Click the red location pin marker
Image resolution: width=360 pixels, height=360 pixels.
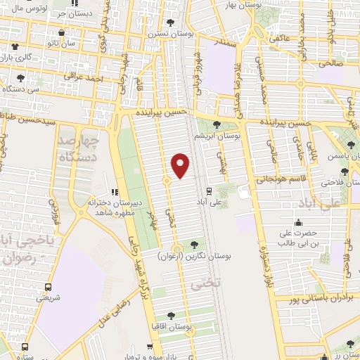(x=181, y=165)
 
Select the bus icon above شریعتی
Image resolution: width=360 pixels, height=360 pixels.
(x=49, y=287)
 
